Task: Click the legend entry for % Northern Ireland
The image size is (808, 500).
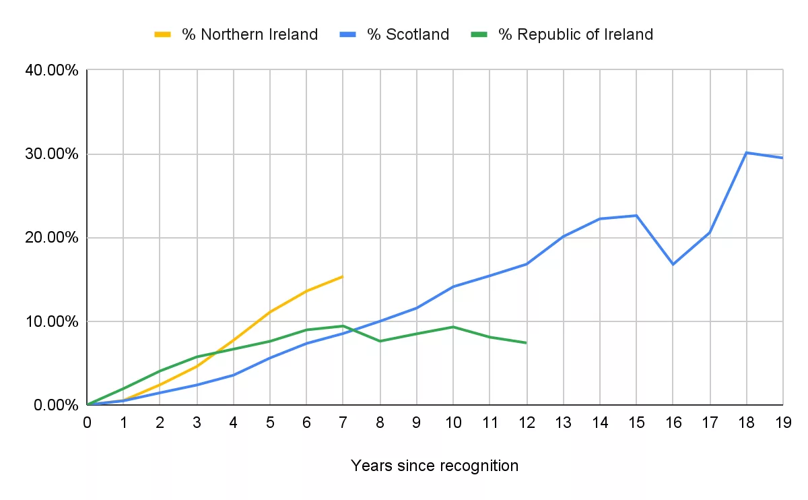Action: (249, 34)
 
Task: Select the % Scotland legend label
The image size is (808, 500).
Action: (408, 34)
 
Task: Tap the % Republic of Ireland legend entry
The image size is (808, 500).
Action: (575, 34)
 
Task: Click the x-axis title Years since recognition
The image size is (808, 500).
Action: (435, 466)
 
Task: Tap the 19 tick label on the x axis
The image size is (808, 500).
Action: (782, 423)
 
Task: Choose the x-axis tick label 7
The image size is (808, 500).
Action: (343, 423)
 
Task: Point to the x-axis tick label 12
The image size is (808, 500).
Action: (526, 423)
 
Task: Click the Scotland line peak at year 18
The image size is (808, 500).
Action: (746, 153)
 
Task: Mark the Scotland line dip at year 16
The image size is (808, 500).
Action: (673, 264)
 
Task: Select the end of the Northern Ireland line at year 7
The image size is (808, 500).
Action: (343, 276)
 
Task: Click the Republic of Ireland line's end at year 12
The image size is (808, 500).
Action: (526, 343)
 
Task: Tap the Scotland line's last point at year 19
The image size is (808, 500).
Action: (782, 158)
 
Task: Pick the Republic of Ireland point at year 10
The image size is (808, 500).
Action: (453, 327)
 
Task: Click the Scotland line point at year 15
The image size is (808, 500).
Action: (636, 216)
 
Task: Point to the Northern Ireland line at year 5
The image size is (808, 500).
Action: (270, 312)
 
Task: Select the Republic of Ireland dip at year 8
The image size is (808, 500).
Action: (380, 341)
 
